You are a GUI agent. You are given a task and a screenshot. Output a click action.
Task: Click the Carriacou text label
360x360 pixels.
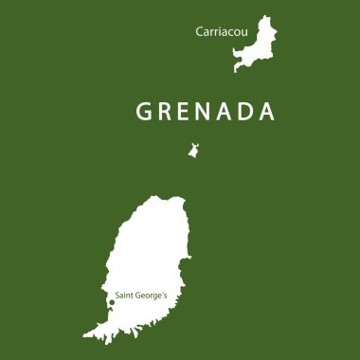tap(220, 31)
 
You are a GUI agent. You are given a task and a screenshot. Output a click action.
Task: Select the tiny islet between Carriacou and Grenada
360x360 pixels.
tap(193, 151)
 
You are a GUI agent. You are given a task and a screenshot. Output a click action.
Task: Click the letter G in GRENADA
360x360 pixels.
tap(145, 111)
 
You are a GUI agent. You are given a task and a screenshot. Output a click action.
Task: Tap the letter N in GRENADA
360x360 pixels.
tap(207, 111)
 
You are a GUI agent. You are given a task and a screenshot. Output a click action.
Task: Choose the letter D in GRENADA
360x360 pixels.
tap(248, 111)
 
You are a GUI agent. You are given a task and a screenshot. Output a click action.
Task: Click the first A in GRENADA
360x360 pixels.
tap(228, 111)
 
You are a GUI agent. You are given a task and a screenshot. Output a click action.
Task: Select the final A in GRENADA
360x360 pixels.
tap(268, 111)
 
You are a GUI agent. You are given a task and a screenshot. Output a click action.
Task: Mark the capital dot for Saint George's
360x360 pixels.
tap(112, 302)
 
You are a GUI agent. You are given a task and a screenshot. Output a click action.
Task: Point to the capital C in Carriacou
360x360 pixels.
tap(199, 31)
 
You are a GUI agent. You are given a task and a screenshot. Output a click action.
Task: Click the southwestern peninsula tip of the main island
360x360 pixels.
tap(86, 335)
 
